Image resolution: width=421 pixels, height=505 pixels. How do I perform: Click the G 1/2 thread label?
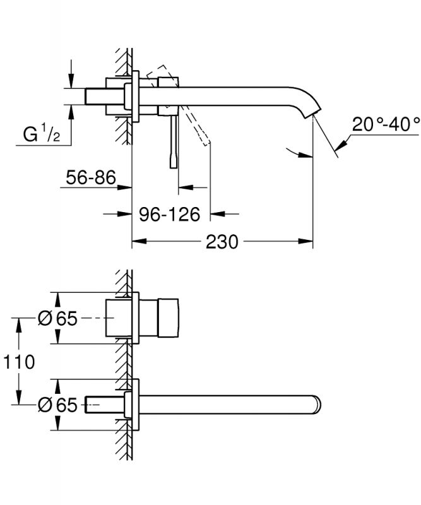coord(42,134)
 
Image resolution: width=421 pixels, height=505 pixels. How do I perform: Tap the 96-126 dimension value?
coord(169,215)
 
